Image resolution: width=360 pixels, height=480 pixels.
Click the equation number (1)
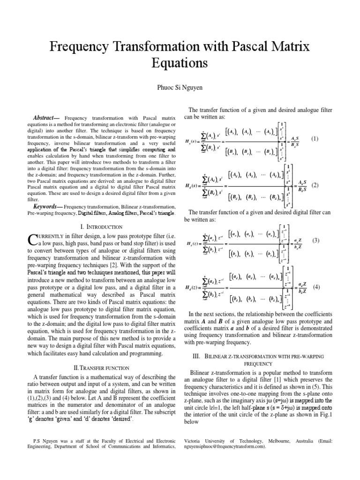[x=314, y=139]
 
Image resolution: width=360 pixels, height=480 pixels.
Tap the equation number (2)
[x=315, y=185]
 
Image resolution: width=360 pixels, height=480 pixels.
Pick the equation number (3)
[x=315, y=240]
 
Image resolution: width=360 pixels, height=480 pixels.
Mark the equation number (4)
[x=316, y=287]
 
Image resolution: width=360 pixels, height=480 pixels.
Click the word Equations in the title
[x=180, y=62]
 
